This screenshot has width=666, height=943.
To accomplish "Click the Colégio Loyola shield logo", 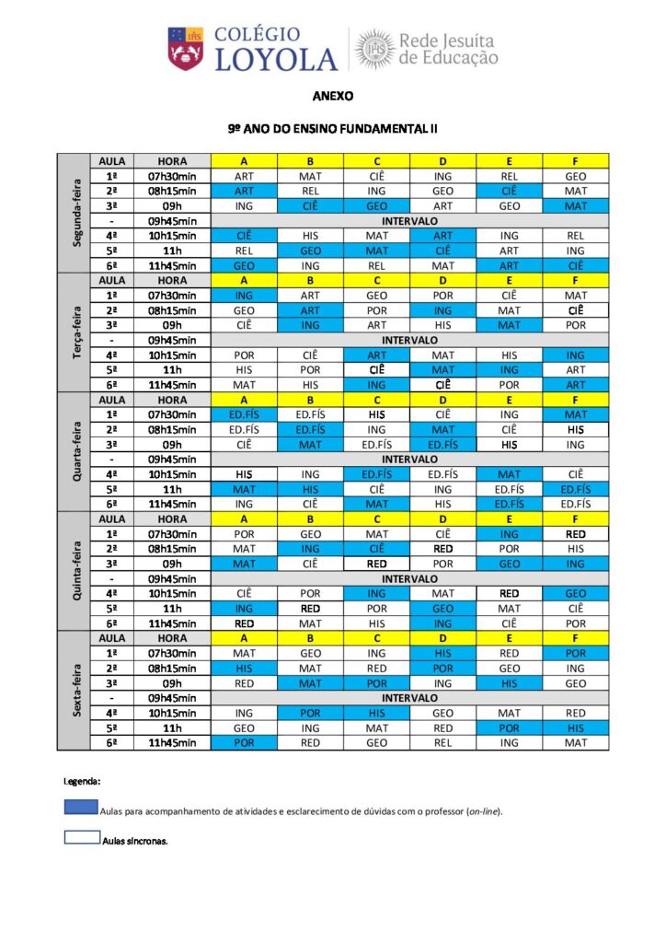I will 185,49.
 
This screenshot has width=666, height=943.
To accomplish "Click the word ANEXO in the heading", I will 332,96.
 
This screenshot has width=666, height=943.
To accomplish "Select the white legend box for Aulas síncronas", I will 81,838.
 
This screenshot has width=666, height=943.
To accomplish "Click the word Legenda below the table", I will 82,781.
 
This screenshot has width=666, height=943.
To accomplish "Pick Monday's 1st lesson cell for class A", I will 244,176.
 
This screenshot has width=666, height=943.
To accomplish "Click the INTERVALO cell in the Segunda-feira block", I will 409,221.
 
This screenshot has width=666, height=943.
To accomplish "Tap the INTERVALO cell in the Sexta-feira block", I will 409,697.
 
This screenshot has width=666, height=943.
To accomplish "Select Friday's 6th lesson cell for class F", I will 576,742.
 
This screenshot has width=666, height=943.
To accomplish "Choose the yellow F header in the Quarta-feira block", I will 576,400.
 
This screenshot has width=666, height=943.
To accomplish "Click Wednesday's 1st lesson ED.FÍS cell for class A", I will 244,414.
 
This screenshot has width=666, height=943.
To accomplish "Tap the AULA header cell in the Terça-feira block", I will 111,280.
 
